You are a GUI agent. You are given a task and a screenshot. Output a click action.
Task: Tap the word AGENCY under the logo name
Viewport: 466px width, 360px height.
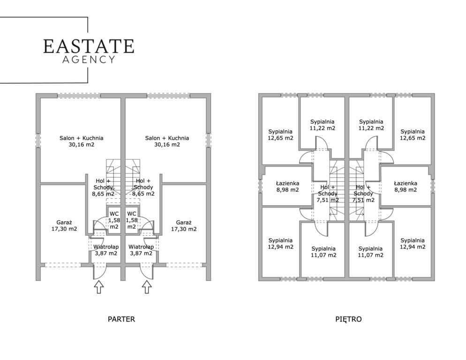click(89, 60)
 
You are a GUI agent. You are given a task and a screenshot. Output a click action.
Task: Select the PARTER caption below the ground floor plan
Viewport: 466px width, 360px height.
click(121, 319)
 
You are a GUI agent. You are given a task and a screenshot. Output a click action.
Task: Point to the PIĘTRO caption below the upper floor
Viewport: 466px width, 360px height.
click(348, 319)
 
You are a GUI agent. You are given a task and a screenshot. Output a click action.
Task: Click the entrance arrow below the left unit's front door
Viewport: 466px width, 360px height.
click(98, 287)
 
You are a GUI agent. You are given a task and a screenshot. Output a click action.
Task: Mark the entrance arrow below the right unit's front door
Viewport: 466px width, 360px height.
click(147, 287)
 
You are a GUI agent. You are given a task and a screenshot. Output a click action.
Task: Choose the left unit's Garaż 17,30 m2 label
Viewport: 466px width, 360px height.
click(64, 225)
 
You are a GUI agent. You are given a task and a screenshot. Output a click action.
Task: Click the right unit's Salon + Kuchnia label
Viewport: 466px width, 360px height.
click(167, 141)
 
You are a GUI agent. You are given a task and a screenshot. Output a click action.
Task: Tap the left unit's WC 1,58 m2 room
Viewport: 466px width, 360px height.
click(114, 220)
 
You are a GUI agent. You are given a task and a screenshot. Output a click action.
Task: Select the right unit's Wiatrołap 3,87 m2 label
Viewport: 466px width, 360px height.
click(141, 250)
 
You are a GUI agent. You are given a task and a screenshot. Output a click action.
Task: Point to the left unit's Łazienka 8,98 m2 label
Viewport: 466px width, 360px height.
click(288, 187)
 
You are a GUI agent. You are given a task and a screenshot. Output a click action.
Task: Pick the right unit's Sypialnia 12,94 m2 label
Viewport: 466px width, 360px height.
click(413, 243)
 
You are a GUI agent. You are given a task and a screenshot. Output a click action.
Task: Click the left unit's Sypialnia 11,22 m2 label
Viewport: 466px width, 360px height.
click(323, 125)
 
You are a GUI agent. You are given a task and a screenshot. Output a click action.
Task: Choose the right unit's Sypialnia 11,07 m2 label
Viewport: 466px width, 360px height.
click(370, 252)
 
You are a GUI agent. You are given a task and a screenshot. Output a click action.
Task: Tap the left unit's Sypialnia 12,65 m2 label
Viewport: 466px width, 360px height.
click(280, 135)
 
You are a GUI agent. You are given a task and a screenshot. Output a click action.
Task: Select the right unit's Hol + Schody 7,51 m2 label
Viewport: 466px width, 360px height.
click(363, 194)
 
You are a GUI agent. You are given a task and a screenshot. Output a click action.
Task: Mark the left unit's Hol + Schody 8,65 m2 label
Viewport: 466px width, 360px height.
click(103, 187)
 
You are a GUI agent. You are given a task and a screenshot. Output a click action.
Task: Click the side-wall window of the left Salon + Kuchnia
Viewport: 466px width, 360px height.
click(38, 140)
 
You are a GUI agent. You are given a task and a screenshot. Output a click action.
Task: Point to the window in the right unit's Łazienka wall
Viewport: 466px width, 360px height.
click(433, 186)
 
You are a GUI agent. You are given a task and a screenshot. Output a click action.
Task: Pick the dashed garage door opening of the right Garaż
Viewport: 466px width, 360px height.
click(184, 264)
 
